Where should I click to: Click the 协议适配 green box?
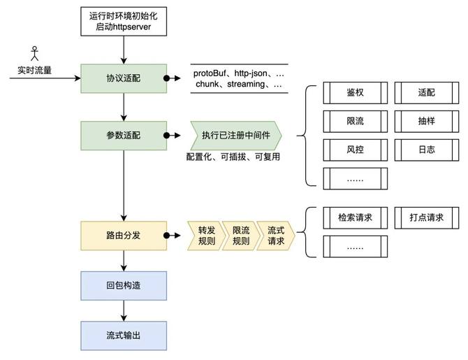point(124,78)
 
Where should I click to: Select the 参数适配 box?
point(124,136)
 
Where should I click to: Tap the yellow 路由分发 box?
point(124,236)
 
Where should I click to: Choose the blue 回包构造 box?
point(124,286)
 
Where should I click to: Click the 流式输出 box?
point(124,336)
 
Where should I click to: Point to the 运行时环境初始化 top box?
point(124,21)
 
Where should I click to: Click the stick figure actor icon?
point(35,54)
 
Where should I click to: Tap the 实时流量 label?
point(35,71)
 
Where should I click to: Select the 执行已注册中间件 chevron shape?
point(236,136)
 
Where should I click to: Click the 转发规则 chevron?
point(207,236)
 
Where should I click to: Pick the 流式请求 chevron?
point(276,236)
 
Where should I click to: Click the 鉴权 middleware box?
point(355,92)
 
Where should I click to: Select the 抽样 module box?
point(427,122)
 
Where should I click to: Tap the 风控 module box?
point(355,150)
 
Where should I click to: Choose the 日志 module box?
point(427,150)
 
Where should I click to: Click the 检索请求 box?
point(355,218)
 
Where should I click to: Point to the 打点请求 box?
point(427,218)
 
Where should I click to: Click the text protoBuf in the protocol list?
point(210,73)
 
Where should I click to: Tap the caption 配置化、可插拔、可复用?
point(233,157)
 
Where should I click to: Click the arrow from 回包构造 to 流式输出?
point(124,310)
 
